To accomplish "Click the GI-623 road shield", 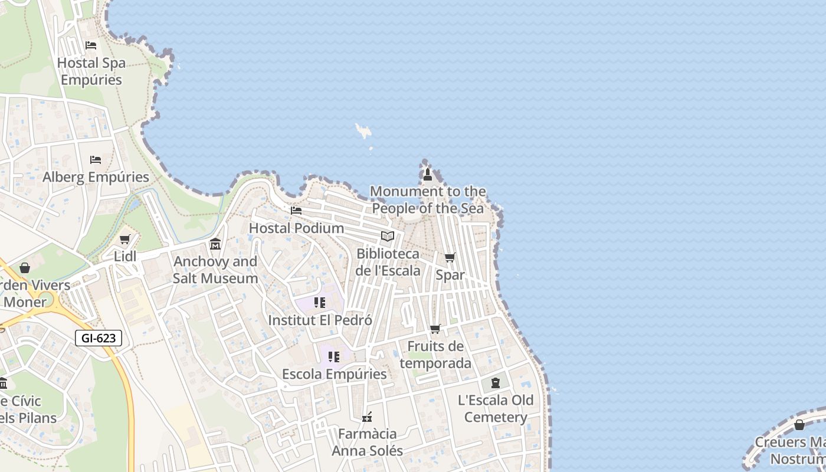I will pyautogui.click(x=99, y=338).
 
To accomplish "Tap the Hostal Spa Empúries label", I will pyautogui.click(x=91, y=71).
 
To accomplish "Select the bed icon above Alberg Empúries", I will pyautogui.click(x=95, y=160).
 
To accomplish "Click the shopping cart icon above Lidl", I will pyautogui.click(x=124, y=240).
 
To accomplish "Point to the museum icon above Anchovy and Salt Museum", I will pyautogui.click(x=215, y=244).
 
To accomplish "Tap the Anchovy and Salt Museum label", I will pyautogui.click(x=215, y=270).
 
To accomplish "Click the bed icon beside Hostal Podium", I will pyautogui.click(x=296, y=210).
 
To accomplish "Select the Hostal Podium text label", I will pyautogui.click(x=296, y=228).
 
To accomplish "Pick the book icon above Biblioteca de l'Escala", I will pyautogui.click(x=388, y=237).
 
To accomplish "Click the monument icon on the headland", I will pyautogui.click(x=428, y=174).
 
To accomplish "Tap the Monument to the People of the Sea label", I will pyautogui.click(x=428, y=199).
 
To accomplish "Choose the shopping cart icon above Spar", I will pyautogui.click(x=450, y=257).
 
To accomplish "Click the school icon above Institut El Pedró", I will pyautogui.click(x=320, y=303).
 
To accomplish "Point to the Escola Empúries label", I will pyautogui.click(x=335, y=374).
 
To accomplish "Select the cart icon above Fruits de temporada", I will pyautogui.click(x=435, y=329).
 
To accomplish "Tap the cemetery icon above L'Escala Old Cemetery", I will pyautogui.click(x=496, y=383).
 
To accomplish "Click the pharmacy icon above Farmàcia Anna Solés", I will pyautogui.click(x=367, y=417).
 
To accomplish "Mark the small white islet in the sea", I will pyautogui.click(x=363, y=130).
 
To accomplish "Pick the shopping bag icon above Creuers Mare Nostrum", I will pyautogui.click(x=799, y=425).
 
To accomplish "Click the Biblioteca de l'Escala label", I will pyautogui.click(x=388, y=262).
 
